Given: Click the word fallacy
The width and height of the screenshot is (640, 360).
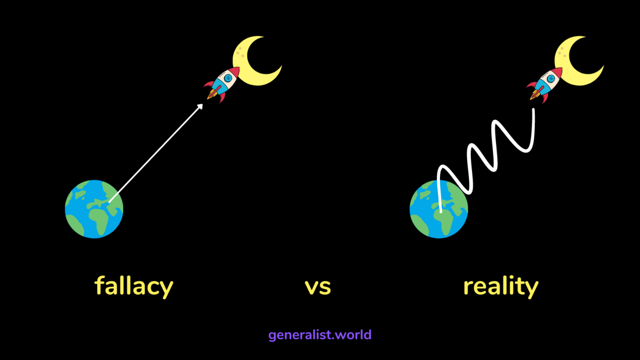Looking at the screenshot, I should [x=134, y=286].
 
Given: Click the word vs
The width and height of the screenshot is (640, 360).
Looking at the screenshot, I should [x=318, y=287].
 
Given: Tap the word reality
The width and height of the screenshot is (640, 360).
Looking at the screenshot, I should [x=500, y=286].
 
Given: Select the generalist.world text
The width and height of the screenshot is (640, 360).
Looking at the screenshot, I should [x=319, y=335].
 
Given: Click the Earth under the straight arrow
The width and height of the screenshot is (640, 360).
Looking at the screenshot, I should [x=94, y=209].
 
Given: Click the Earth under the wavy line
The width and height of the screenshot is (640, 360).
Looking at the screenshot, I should [x=438, y=209].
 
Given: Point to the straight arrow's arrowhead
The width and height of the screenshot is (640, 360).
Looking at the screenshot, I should [x=201, y=106].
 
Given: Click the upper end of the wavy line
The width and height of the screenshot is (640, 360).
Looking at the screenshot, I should [x=533, y=110].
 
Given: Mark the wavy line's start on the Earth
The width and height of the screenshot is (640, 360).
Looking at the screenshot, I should [x=441, y=211].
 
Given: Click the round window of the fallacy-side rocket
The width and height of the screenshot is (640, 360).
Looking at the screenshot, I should [x=228, y=78].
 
